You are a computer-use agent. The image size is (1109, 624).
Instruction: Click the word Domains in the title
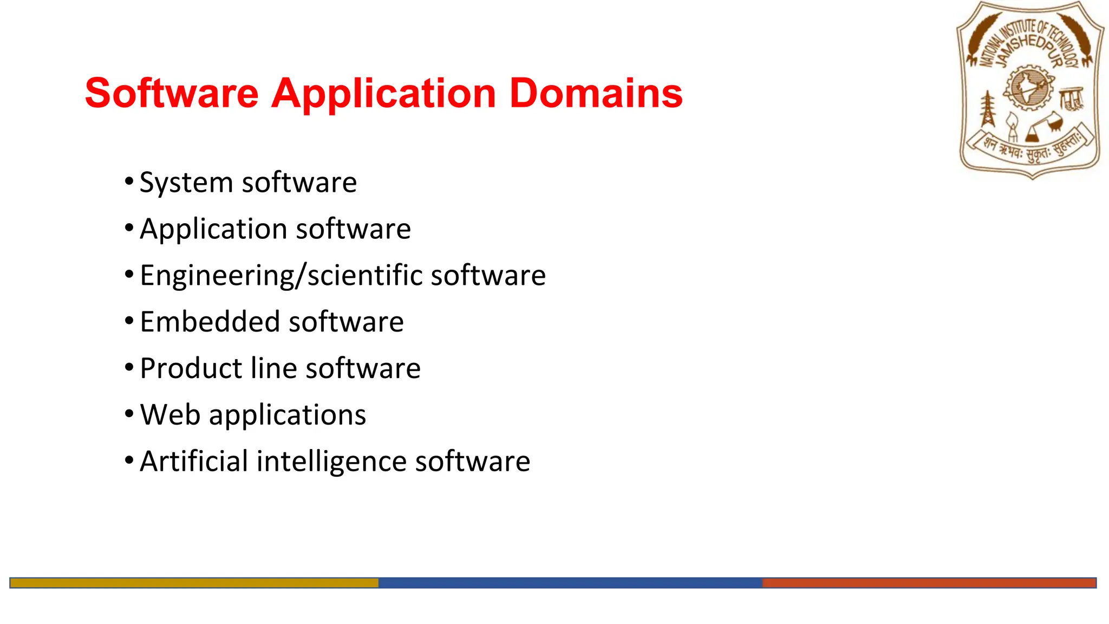pos(596,93)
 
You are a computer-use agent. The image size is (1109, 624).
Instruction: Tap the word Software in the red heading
pos(172,93)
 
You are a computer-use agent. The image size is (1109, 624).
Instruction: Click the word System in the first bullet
pos(186,183)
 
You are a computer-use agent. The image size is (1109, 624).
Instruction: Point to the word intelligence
pos(331,462)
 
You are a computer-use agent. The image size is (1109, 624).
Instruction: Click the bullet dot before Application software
pos(129,228)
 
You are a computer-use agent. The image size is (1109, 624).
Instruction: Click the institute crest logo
pos(1030,90)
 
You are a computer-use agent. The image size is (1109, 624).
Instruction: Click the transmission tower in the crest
pos(988,109)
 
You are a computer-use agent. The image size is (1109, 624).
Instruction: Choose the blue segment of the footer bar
pos(570,583)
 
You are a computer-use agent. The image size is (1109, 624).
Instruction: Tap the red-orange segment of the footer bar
pos(929,583)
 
